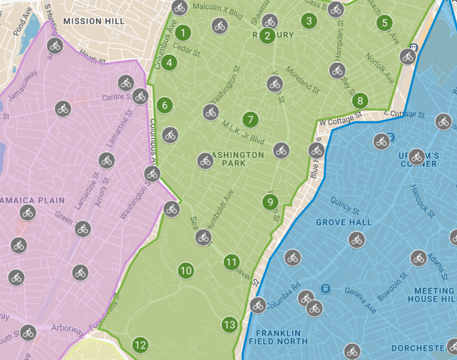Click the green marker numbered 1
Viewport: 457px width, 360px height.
(183, 33)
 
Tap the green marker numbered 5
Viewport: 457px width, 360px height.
(385, 23)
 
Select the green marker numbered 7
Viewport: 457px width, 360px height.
(251, 120)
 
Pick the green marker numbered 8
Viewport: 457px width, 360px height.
(360, 101)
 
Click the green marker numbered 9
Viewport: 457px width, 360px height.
(270, 202)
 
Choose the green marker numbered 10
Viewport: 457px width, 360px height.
(186, 271)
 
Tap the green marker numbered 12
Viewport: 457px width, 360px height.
(140, 345)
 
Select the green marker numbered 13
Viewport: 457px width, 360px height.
(229, 325)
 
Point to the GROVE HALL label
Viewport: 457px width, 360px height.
(344, 222)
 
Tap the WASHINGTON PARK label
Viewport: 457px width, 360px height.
(236, 159)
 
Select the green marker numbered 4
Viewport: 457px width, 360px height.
(170, 63)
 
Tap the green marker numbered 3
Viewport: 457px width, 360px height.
(309, 21)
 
